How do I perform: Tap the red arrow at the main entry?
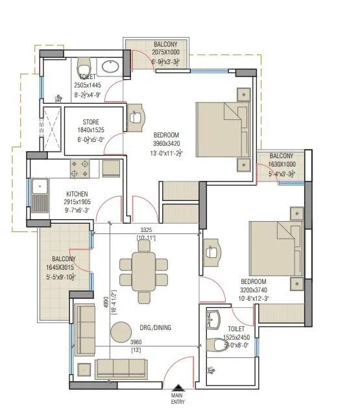click(177, 386)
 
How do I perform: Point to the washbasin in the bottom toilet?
click(215, 318)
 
